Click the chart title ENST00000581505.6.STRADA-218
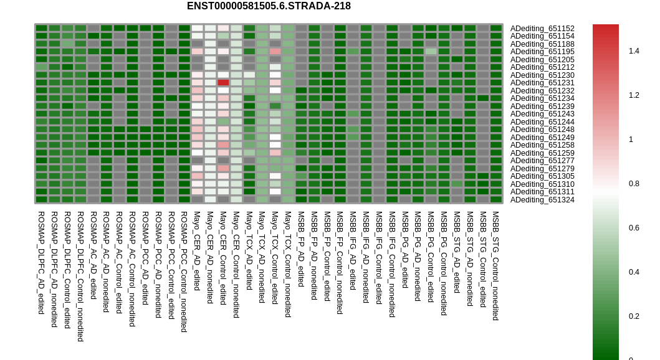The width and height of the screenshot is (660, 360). point(269,6)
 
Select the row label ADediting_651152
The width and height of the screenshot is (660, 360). point(542,29)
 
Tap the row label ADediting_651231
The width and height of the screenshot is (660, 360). point(542,83)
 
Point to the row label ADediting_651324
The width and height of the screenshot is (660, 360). point(542,200)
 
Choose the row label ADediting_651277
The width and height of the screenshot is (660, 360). point(542,161)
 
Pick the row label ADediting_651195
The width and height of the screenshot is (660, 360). point(542,52)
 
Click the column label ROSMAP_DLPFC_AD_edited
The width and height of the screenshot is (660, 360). point(41,263)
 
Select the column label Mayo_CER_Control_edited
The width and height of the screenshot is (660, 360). point(223,258)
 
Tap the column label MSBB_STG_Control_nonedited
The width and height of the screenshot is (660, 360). point(496,266)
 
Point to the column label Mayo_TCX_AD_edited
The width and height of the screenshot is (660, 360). point(249,250)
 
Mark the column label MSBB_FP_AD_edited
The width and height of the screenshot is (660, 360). point(301,249)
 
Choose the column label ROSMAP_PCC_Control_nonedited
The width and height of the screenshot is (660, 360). point(184,272)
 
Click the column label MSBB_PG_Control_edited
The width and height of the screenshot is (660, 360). point(431,257)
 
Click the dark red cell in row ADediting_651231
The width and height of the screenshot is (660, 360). point(223,83)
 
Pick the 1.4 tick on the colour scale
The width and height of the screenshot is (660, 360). point(634,51)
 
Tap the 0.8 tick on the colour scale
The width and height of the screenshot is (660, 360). point(634,184)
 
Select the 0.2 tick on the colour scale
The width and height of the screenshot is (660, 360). point(634,316)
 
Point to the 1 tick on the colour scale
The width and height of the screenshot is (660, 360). point(631,140)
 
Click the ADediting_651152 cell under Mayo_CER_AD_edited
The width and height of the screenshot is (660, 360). point(197,29)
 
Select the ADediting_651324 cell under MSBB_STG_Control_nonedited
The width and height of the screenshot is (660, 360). point(496,200)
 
